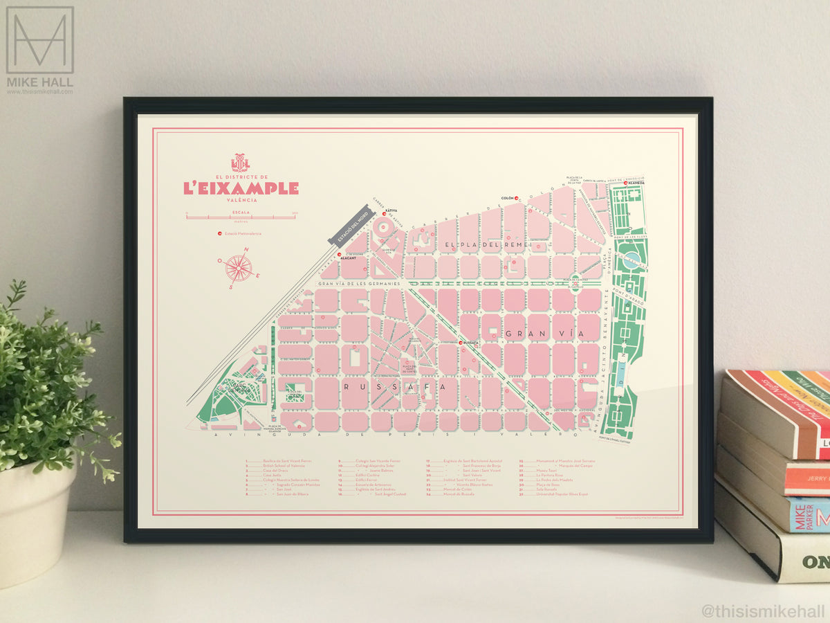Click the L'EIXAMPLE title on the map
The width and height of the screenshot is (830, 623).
[241, 188]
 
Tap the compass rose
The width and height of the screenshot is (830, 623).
[239, 267]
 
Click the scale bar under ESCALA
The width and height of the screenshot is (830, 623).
[241, 217]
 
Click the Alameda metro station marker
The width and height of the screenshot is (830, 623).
[626, 183]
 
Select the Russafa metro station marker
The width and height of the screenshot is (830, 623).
[460, 342]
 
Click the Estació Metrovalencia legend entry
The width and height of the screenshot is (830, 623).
[239, 233]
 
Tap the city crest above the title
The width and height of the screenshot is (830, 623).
[240, 163]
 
